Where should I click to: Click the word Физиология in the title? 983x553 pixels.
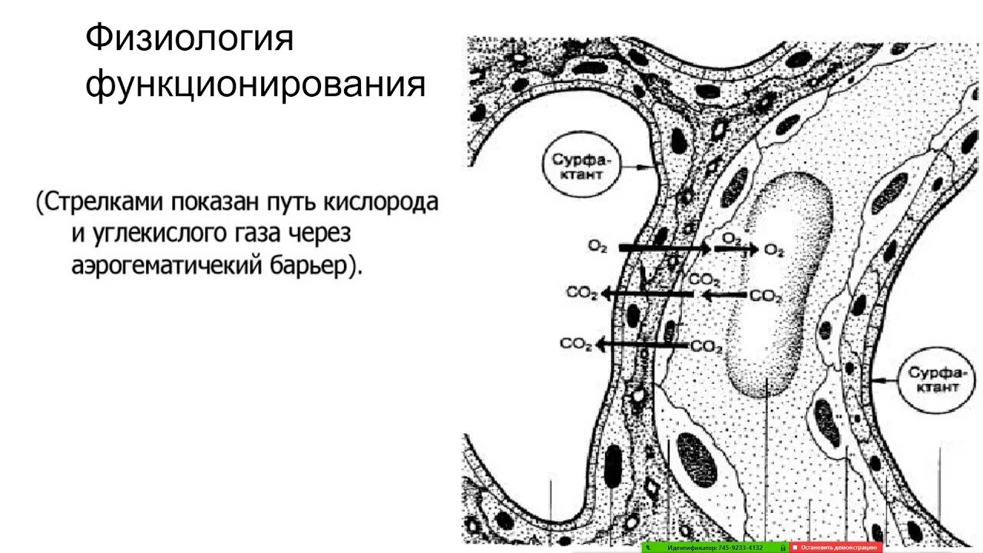pyautogui.click(x=190, y=38)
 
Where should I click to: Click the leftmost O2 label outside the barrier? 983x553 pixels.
pyautogui.click(x=598, y=247)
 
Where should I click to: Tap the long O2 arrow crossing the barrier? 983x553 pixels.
pyautogui.click(x=664, y=248)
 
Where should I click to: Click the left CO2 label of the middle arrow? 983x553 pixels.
pyautogui.click(x=582, y=293)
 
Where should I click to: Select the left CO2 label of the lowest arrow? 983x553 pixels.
pyautogui.click(x=576, y=344)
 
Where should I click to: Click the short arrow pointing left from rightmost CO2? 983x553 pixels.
pyautogui.click(x=724, y=294)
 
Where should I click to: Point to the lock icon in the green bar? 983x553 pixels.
pyautogui.click(x=783, y=548)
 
